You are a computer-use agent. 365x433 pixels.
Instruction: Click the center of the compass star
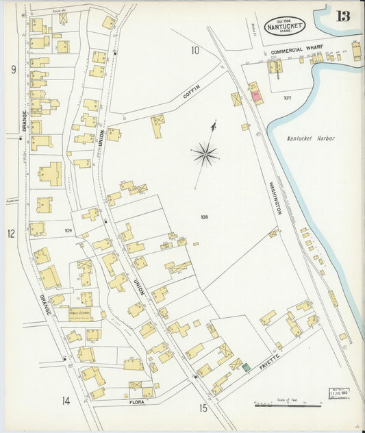pos(205,153)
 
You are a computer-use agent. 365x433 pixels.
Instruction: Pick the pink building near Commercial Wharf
pos(257,97)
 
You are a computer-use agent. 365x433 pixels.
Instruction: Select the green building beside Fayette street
pos(244,368)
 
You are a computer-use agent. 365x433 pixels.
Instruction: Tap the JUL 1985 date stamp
pos(338,393)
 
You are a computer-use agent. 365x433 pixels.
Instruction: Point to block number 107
pos(287,98)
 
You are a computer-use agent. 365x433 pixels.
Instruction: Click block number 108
pos(204,217)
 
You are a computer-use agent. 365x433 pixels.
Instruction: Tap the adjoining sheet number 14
pos(66,401)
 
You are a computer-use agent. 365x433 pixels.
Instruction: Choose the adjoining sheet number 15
pos(203,408)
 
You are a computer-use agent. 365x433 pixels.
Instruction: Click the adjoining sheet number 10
pos(195,49)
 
